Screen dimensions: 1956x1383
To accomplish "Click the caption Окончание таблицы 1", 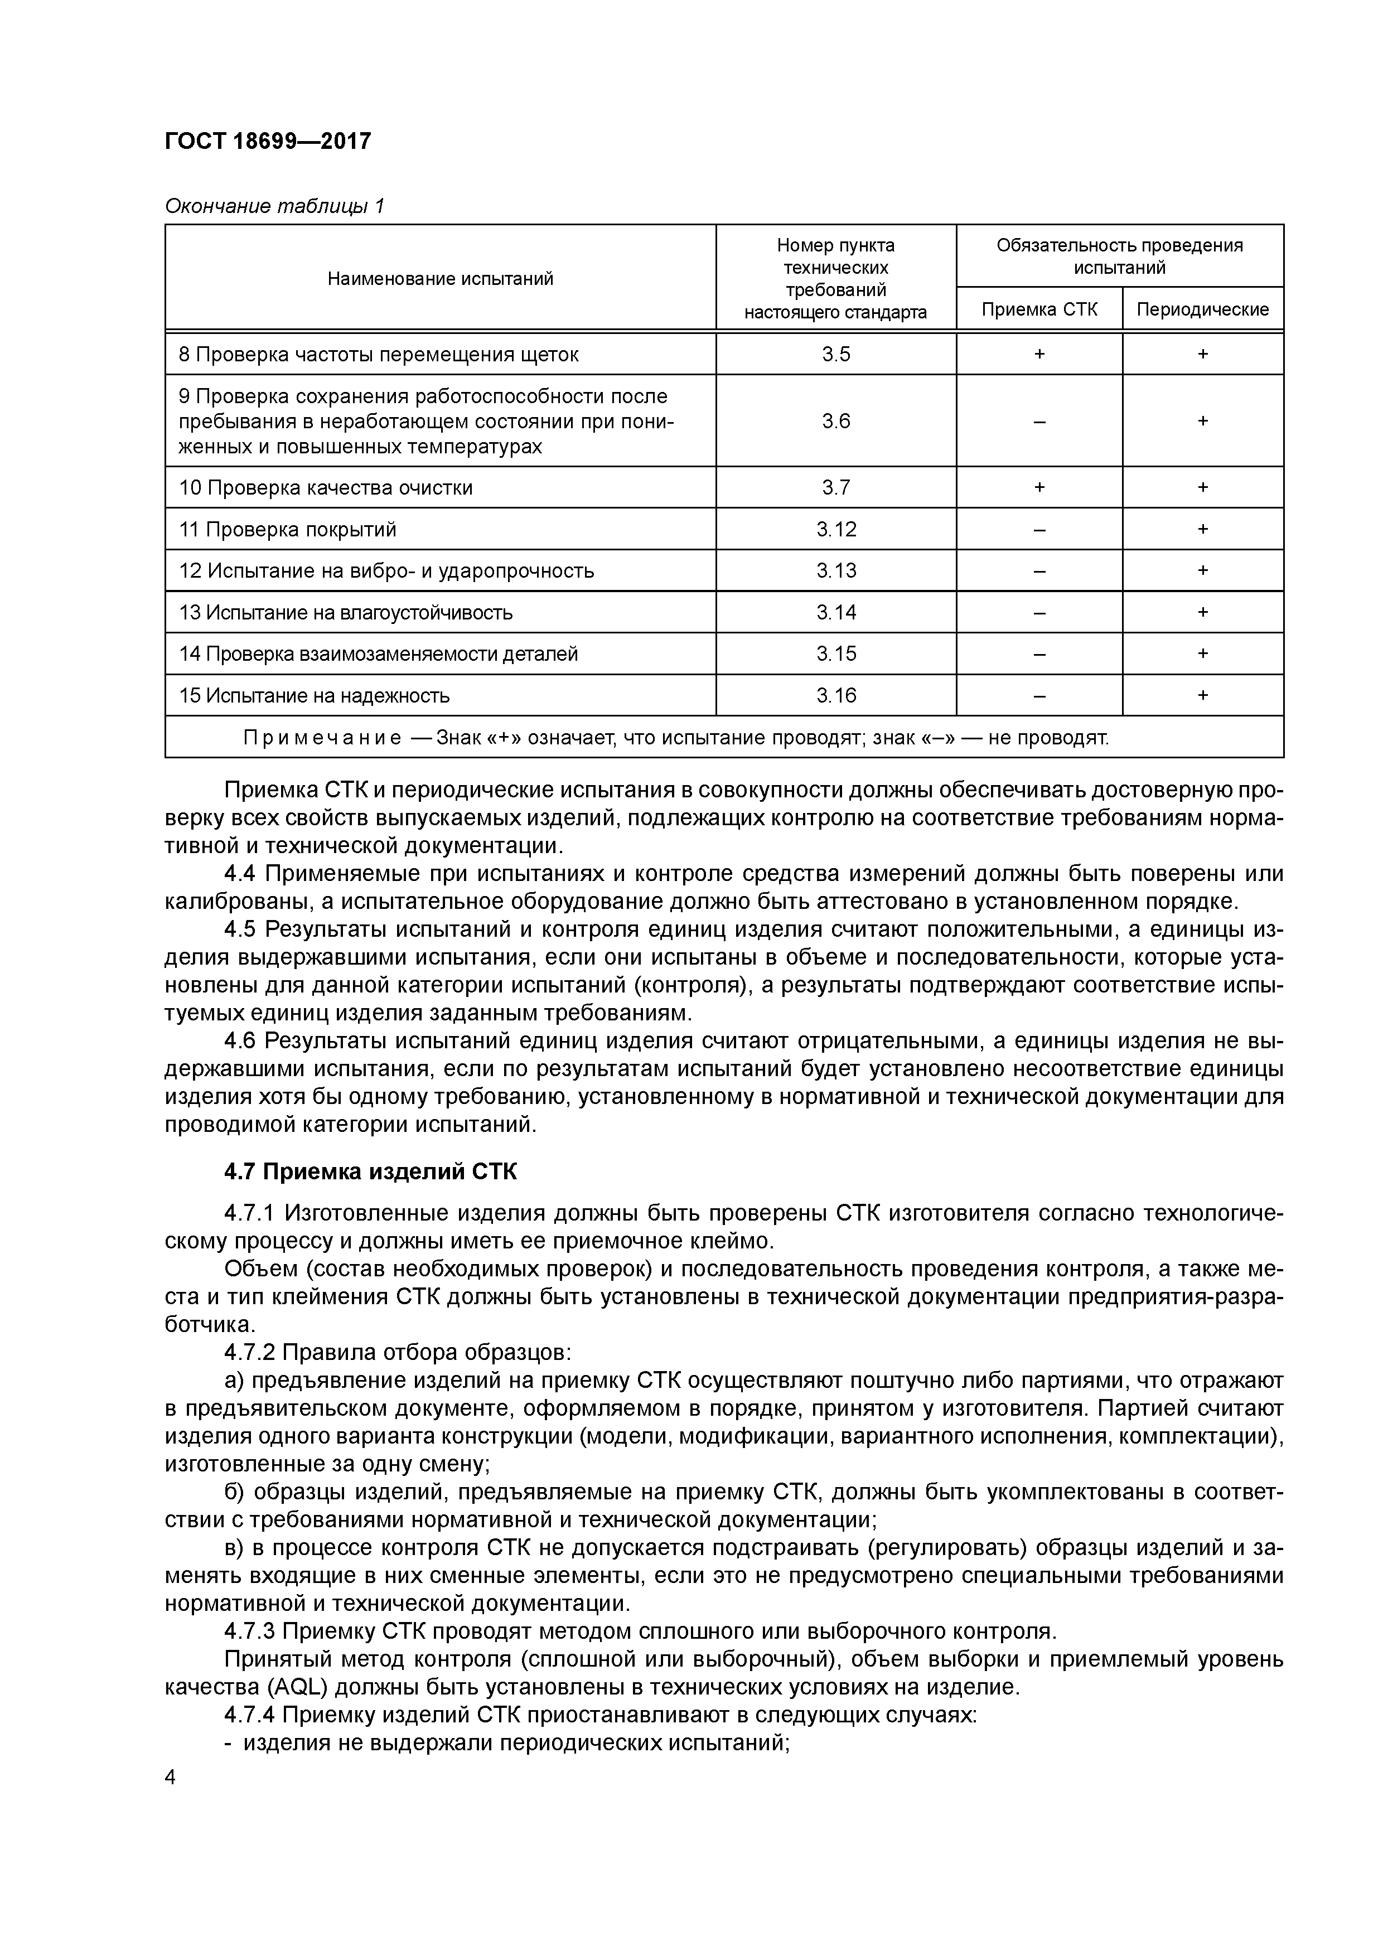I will click(x=274, y=206).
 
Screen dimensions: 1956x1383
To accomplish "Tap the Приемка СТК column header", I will click(x=1039, y=309).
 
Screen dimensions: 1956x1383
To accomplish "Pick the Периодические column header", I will click(x=1202, y=309).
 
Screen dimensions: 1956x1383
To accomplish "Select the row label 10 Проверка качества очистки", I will click(x=326, y=487).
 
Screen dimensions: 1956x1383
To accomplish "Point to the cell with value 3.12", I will click(x=836, y=529).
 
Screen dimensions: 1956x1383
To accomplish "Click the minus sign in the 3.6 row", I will click(x=1039, y=421).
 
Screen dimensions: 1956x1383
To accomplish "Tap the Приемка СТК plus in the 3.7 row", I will click(x=1039, y=487).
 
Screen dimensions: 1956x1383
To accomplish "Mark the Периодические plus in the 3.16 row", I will click(x=1202, y=696).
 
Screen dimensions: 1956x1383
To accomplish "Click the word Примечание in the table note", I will click(x=322, y=738).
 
